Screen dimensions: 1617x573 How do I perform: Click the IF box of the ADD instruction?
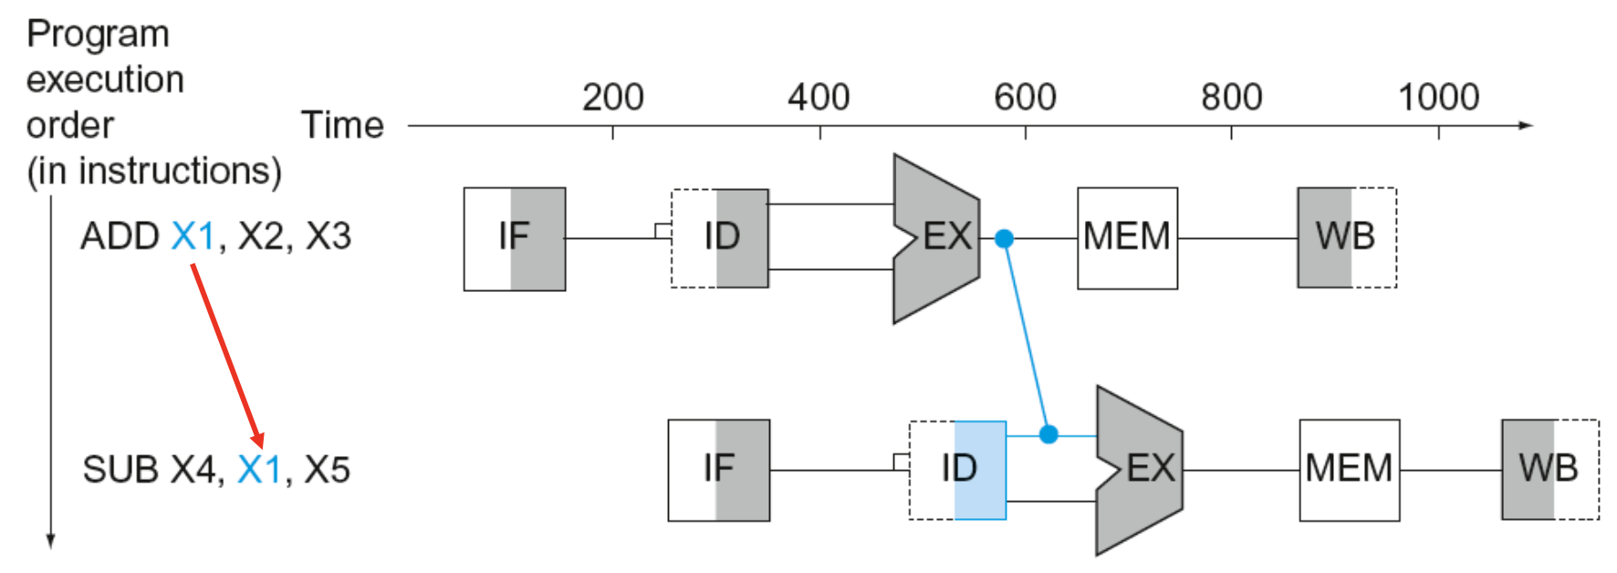515,239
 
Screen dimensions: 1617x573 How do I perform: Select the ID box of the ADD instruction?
720,238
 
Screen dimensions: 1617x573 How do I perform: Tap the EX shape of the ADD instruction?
936,239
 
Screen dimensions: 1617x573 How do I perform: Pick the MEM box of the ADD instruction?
1127,238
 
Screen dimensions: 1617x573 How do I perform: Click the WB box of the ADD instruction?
1347,237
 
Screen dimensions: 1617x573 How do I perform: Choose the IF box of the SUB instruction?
719,470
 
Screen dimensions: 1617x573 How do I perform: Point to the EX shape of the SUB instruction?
1140,471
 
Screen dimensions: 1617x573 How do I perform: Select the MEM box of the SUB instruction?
1350,470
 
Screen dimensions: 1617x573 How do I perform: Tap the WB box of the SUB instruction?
1550,470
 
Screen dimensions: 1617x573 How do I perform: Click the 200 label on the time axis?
613,97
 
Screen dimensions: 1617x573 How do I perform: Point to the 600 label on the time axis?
1025,97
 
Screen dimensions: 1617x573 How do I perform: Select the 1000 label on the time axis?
1438,97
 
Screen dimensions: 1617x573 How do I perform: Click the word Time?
342,125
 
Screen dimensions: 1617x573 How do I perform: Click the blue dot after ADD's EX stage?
1004,239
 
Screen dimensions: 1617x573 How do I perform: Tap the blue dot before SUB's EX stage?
1048,434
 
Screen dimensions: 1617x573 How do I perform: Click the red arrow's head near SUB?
259,442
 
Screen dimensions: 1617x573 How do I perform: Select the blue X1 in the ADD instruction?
193,236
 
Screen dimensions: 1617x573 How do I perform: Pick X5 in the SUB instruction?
327,470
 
